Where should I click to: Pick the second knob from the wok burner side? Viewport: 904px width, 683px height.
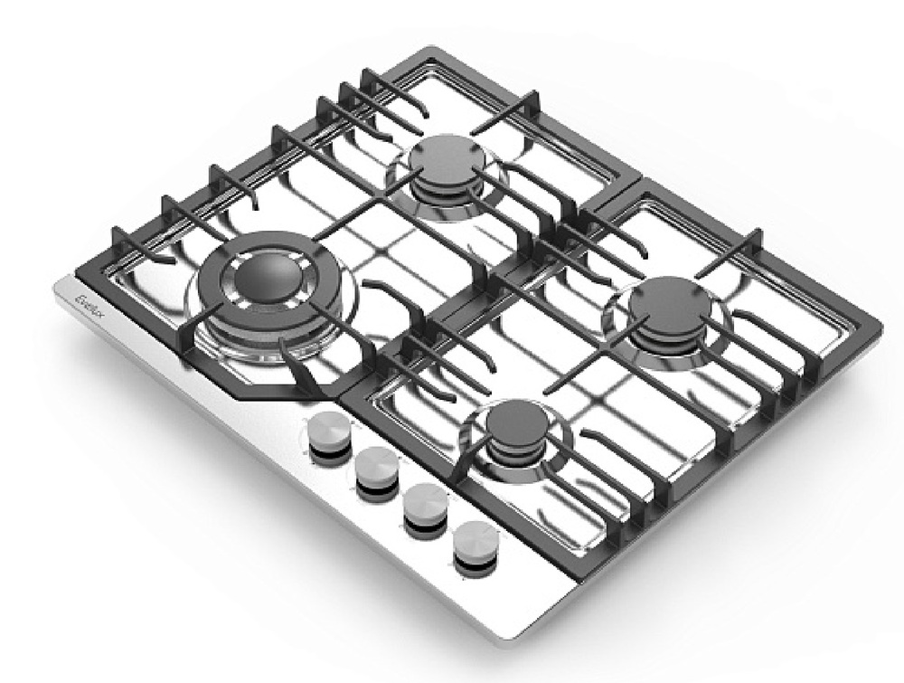coord(376,469)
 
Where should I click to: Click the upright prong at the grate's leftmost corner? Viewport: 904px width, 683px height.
coord(117,241)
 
